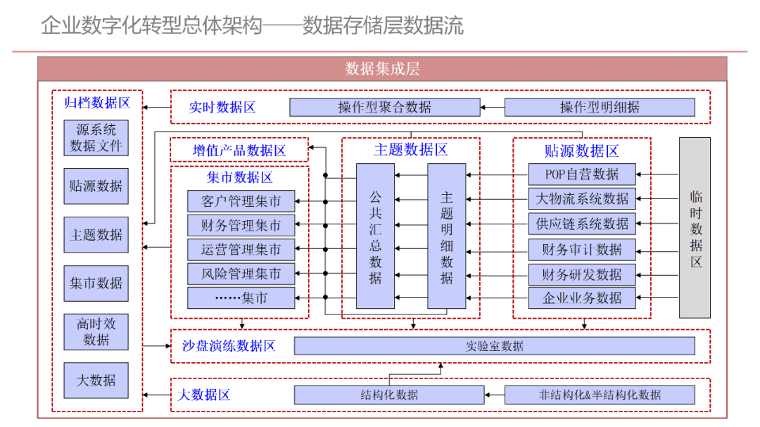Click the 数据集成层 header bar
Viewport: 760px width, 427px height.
(x=382, y=68)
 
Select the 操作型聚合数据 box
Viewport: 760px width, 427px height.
(x=385, y=108)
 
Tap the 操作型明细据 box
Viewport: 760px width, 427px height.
(x=600, y=108)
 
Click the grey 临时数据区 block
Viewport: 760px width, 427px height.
(x=695, y=228)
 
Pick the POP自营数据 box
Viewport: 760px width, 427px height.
(x=582, y=174)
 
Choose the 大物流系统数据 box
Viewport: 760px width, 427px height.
(x=582, y=199)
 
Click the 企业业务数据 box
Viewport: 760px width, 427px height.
(x=582, y=298)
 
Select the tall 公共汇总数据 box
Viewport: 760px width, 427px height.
(x=375, y=236)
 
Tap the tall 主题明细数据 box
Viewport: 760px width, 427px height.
(x=447, y=236)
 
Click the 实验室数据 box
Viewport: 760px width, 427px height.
(x=494, y=346)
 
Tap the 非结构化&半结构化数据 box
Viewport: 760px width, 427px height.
(x=600, y=395)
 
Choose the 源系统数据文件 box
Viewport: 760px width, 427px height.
(x=96, y=138)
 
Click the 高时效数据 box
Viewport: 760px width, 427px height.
(x=96, y=332)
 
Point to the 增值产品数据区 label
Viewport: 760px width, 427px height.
(x=239, y=150)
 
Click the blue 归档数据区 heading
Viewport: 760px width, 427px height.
(x=97, y=103)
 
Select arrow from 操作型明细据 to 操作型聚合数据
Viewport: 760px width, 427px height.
(x=493, y=108)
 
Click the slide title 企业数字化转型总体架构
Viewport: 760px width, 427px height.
(x=151, y=26)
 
